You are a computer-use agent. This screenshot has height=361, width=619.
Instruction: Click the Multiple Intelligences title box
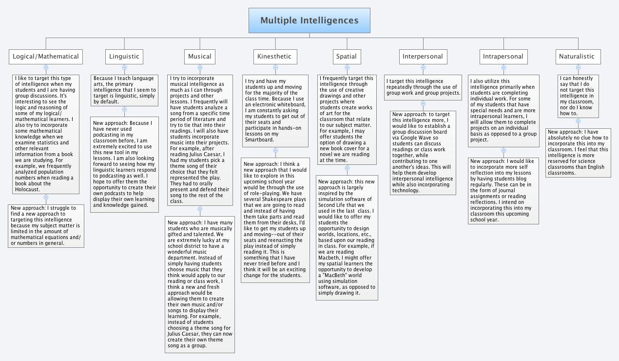coord(309,20)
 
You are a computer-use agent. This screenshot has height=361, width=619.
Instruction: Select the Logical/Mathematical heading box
coord(46,57)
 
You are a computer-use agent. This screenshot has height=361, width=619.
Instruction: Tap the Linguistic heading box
coord(124,57)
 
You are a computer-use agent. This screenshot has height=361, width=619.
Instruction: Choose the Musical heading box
coord(200,57)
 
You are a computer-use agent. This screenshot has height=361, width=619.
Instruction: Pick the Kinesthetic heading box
coord(274,57)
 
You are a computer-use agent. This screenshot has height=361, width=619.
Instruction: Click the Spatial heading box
coord(347,57)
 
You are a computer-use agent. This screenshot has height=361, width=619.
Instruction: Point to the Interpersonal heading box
coord(423,57)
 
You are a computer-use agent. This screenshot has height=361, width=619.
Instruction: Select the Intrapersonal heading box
coord(503,57)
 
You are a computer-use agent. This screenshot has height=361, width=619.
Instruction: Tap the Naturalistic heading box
coord(577,57)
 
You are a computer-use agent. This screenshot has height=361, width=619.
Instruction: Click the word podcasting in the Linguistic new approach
coord(107,135)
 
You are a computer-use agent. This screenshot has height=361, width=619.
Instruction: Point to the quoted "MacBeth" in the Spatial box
coord(335,276)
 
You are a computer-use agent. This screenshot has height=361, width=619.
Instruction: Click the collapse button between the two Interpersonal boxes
coord(423,103)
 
